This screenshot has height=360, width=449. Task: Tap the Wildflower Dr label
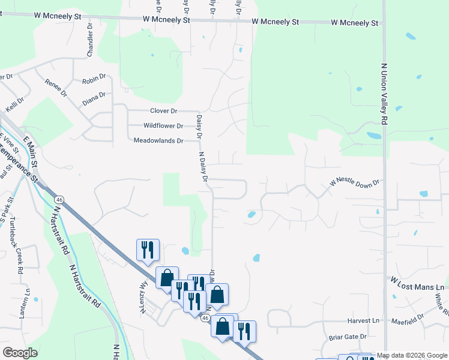point(163,126)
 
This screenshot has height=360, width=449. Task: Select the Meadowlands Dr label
point(158,140)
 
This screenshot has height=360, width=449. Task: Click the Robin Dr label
point(94,79)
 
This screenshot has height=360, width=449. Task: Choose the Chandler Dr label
point(91,39)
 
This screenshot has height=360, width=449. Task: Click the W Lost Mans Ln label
point(417,284)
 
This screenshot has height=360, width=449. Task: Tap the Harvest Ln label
point(364,321)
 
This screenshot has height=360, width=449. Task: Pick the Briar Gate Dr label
point(347,337)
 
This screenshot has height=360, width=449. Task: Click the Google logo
point(20,352)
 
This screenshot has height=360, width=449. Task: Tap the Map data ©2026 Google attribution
point(412,356)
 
